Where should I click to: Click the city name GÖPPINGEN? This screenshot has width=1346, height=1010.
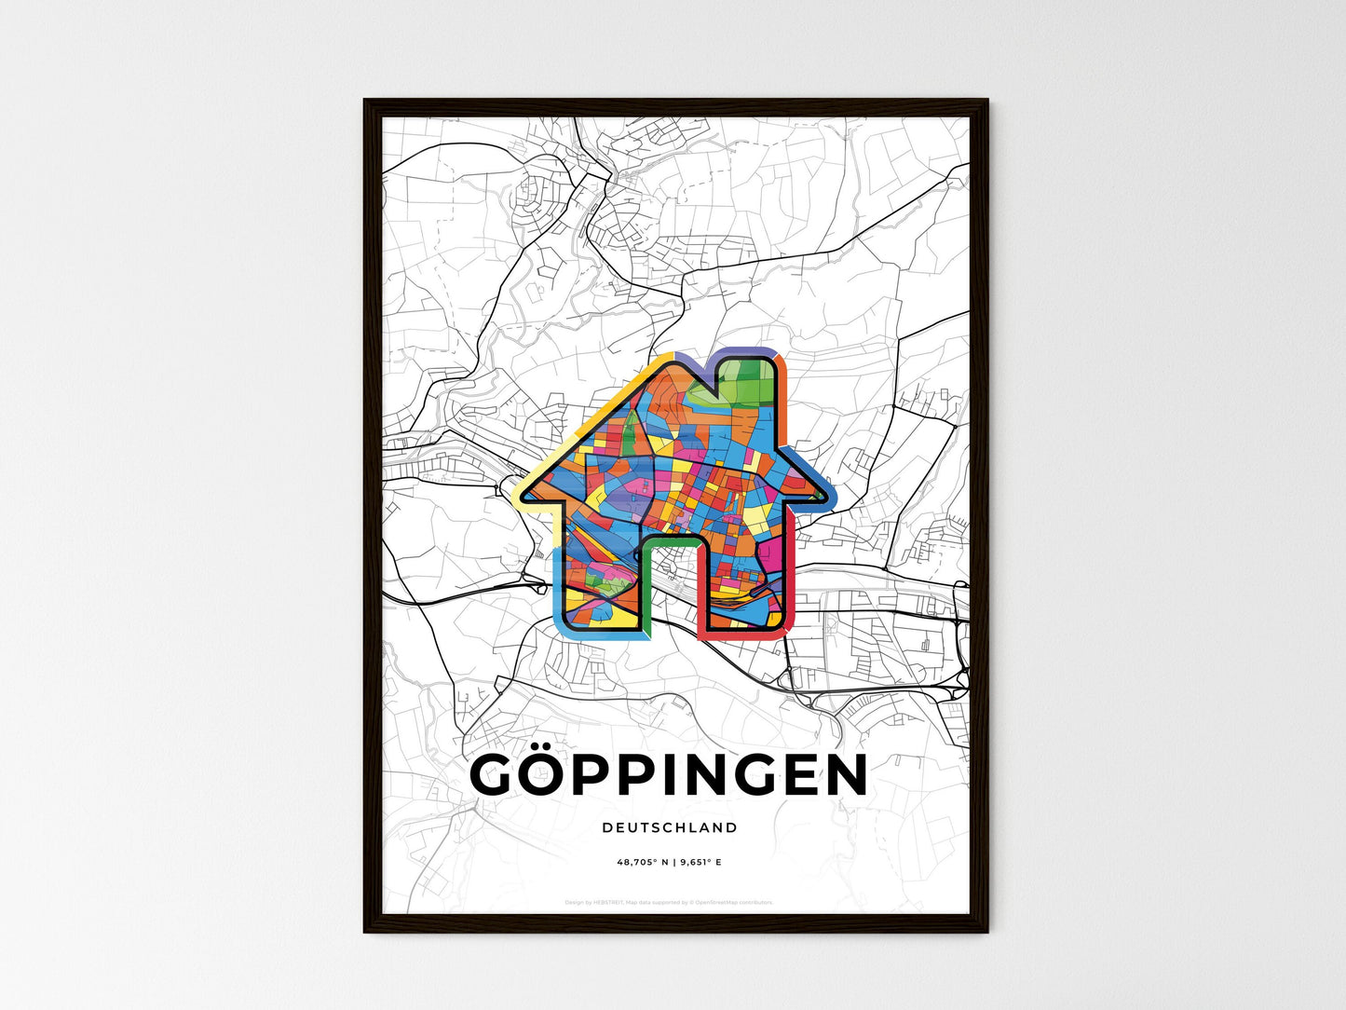tap(669, 776)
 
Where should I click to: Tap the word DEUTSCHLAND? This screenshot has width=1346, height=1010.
tap(669, 827)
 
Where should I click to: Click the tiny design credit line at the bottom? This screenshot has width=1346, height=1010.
tap(669, 902)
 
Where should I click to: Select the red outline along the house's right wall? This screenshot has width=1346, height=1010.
tap(792, 578)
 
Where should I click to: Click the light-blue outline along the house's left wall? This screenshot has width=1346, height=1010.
tap(557, 587)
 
